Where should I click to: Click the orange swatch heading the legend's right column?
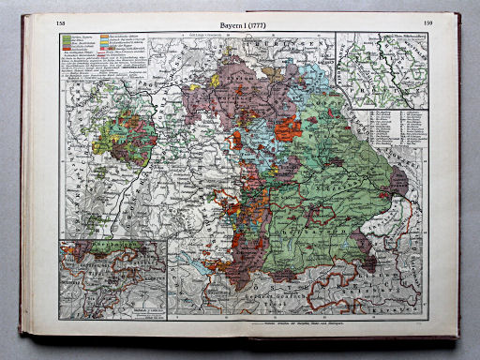(106, 40)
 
